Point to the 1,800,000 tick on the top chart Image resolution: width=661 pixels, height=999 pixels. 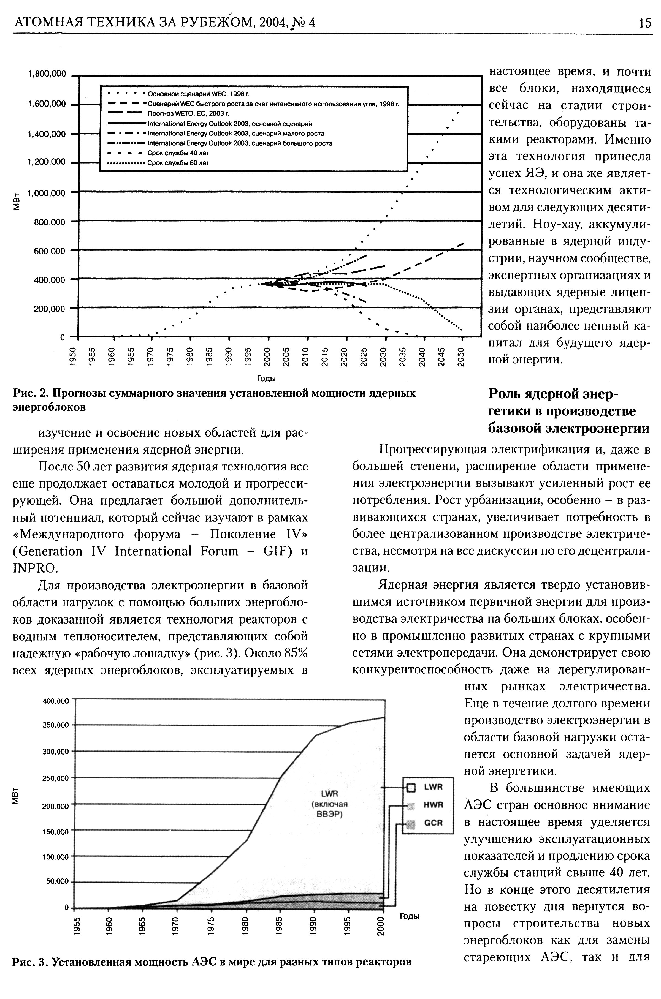47,74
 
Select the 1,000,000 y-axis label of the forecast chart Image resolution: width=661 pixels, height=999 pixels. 47,194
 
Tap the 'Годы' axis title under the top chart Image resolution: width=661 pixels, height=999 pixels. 266,379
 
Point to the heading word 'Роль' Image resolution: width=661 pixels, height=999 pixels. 505,394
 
